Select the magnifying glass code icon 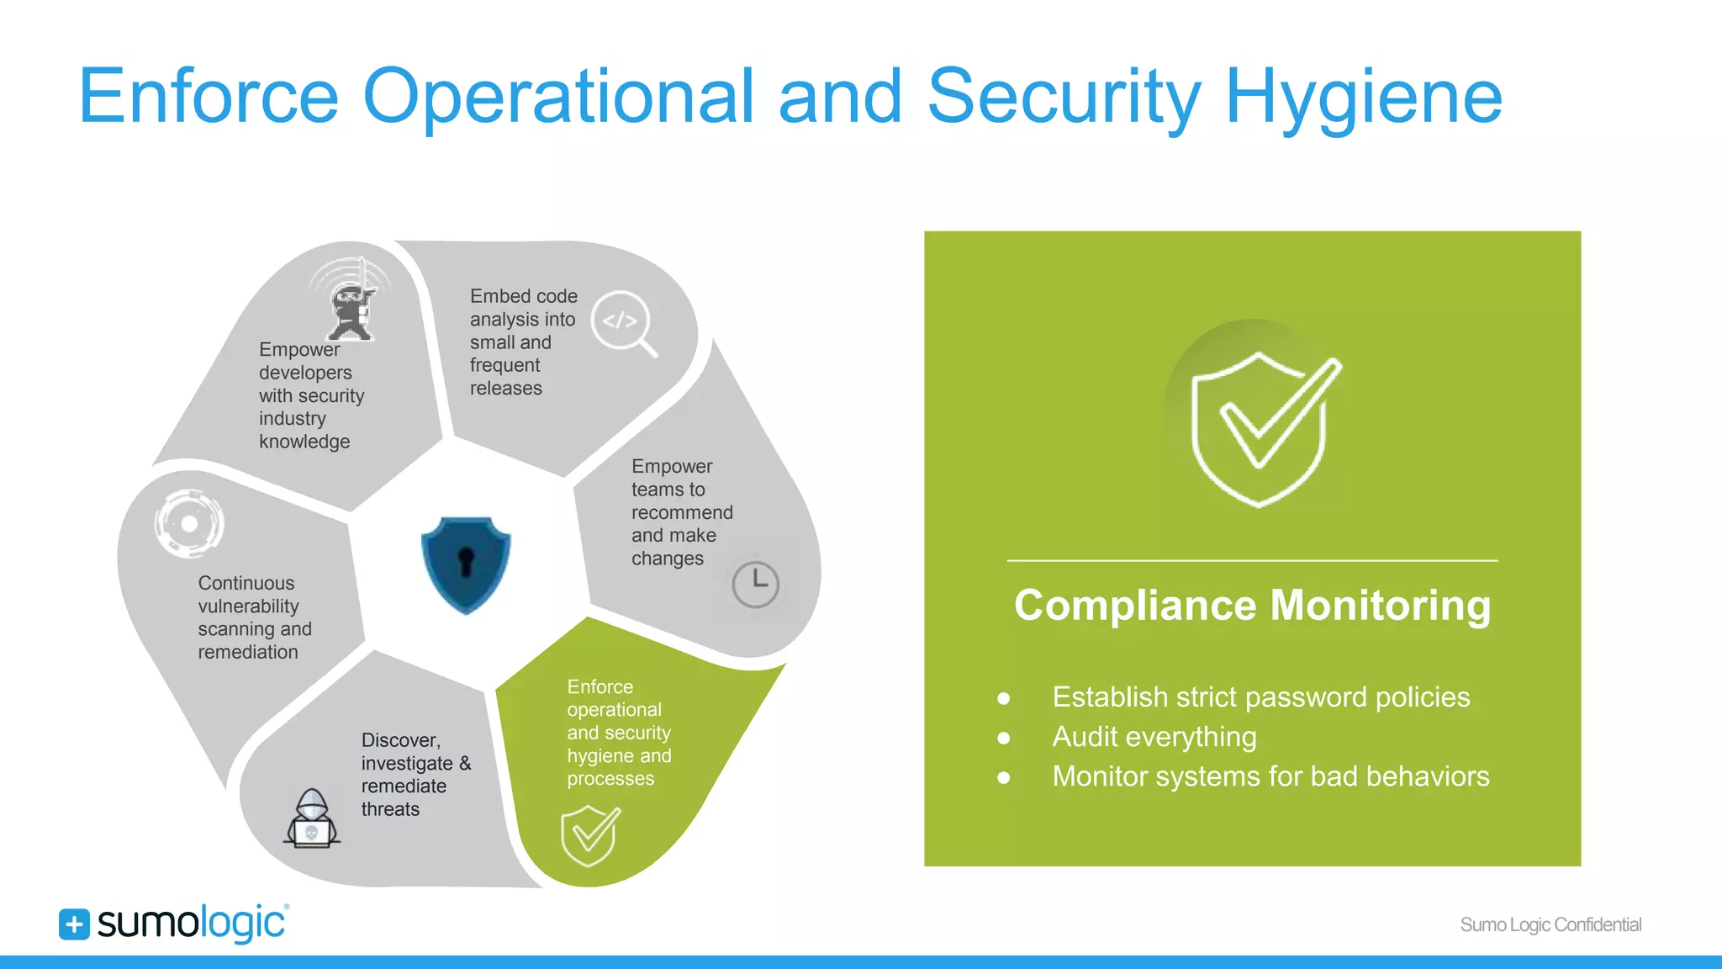pyautogui.click(x=623, y=323)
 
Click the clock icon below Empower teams pyautogui.click(x=755, y=584)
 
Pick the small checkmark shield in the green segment pyautogui.click(x=590, y=834)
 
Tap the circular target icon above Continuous pyautogui.click(x=189, y=523)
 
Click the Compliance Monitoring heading pyautogui.click(x=1252, y=606)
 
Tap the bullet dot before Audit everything pyautogui.click(x=1003, y=739)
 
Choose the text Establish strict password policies pyautogui.click(x=1260, y=697)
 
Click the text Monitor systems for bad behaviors pyautogui.click(x=1270, y=776)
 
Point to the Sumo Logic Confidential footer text pyautogui.click(x=1550, y=924)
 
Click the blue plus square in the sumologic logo pyautogui.click(x=74, y=924)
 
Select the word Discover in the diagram pyautogui.click(x=400, y=740)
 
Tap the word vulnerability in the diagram pyautogui.click(x=248, y=606)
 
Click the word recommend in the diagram pyautogui.click(x=682, y=512)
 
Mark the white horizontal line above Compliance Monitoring pyautogui.click(x=1252, y=560)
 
